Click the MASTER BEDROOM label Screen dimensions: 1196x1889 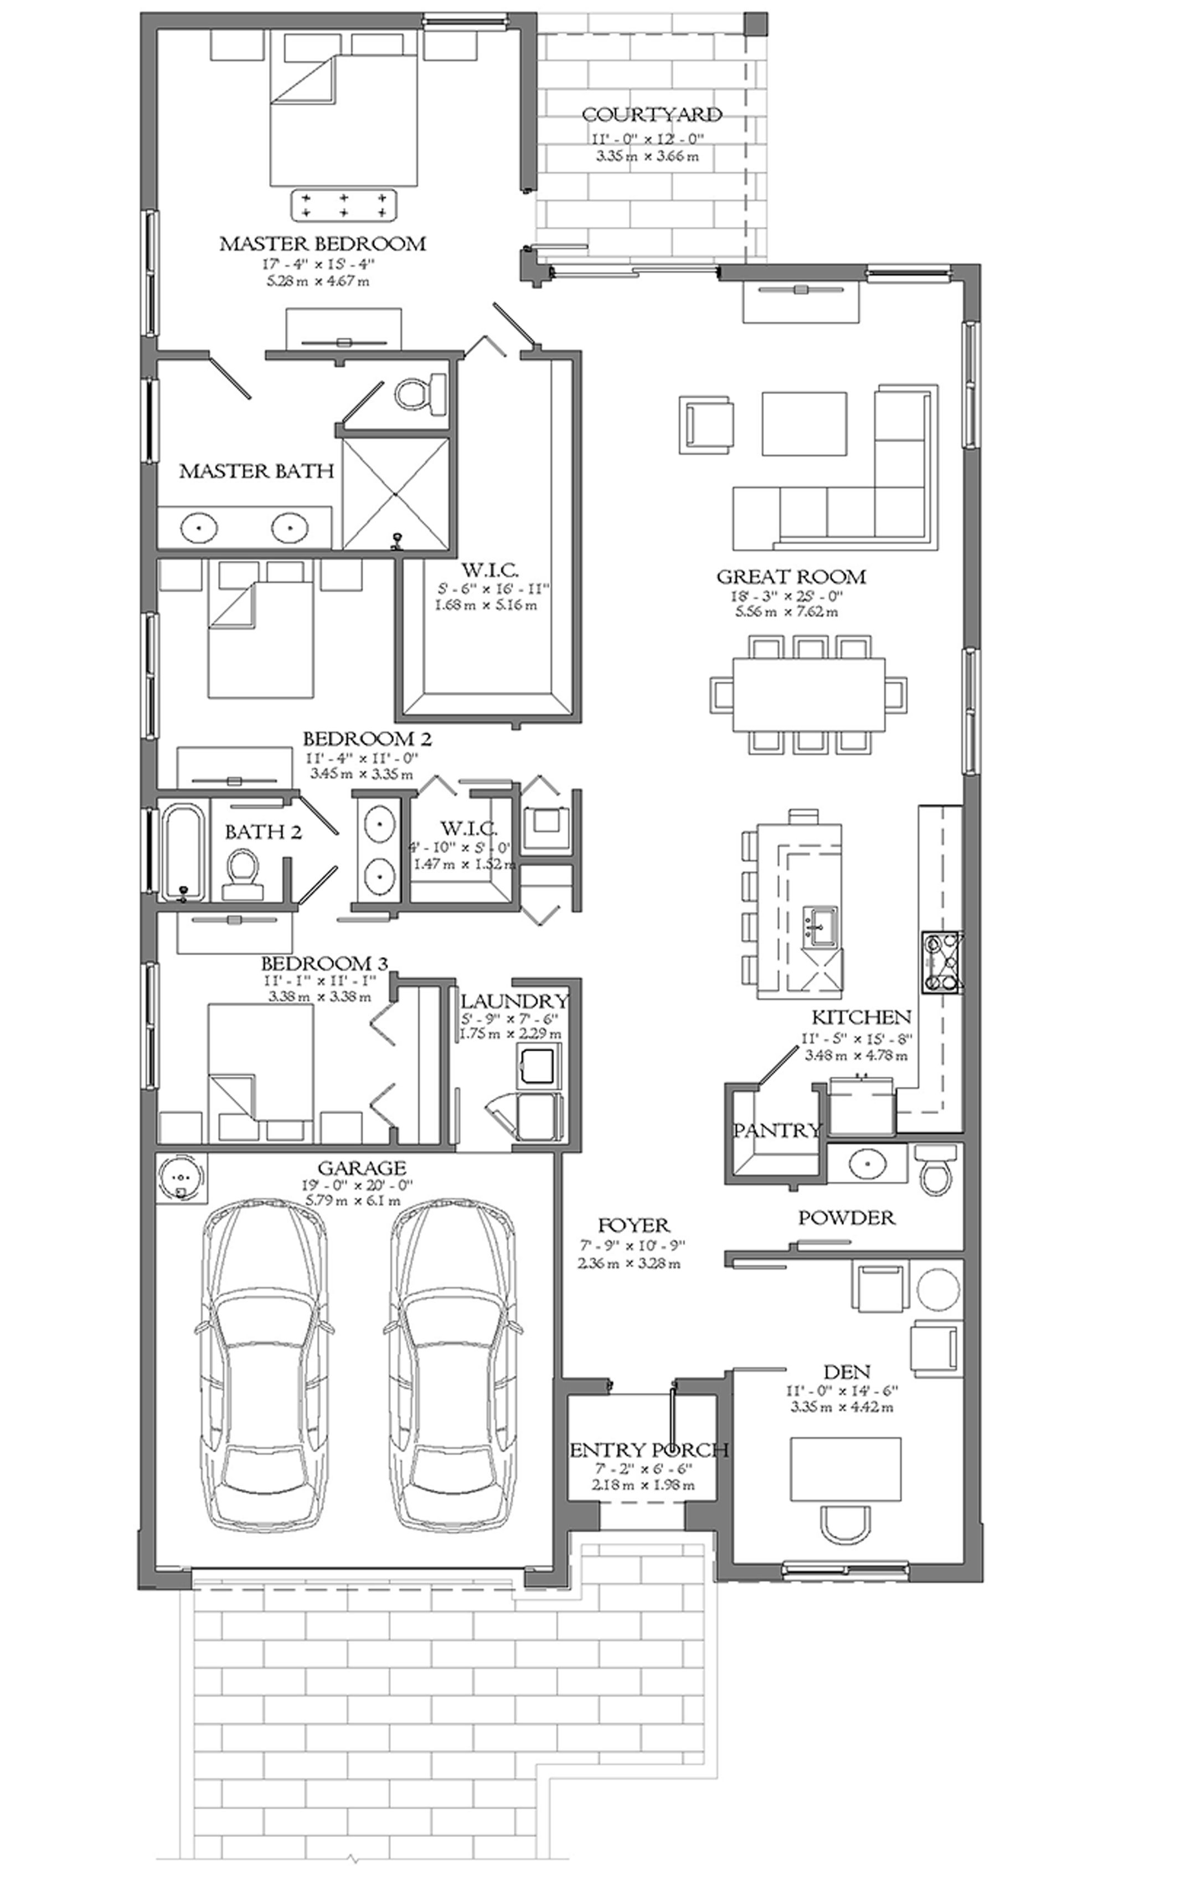[322, 243]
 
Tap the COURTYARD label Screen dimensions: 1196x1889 [652, 115]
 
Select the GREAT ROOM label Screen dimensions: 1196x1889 [791, 577]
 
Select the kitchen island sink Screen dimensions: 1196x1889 [819, 926]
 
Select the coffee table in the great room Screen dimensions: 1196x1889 [804, 423]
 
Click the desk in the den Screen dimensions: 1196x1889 [844, 1457]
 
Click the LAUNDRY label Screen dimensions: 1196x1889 [514, 1002]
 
